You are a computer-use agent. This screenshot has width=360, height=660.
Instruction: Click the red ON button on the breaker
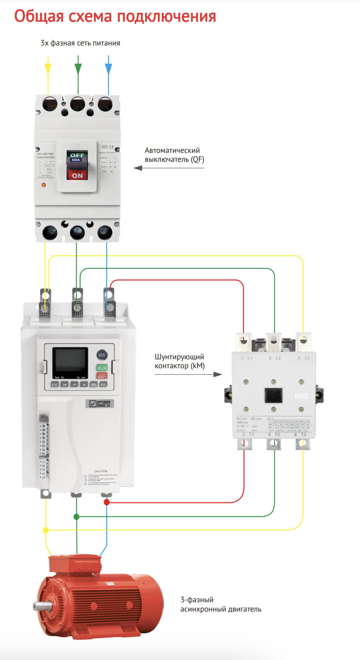(x=77, y=175)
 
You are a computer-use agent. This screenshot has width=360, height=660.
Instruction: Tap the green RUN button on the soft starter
(x=102, y=368)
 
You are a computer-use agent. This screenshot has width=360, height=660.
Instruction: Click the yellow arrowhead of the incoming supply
(x=48, y=68)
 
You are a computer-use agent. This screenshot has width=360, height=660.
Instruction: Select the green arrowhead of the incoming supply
(x=78, y=68)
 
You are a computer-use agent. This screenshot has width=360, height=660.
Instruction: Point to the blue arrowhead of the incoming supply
(x=108, y=68)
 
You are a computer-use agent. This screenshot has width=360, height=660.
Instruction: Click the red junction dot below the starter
(x=107, y=502)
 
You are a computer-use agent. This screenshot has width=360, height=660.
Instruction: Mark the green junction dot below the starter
(x=76, y=516)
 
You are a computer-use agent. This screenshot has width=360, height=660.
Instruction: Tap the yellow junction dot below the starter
(x=46, y=530)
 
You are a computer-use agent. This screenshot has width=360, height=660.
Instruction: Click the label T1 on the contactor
(x=251, y=434)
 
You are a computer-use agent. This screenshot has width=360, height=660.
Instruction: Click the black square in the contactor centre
(x=273, y=395)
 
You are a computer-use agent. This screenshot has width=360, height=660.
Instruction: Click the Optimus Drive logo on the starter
(x=100, y=403)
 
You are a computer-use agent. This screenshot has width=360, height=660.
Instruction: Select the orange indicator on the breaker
(x=43, y=185)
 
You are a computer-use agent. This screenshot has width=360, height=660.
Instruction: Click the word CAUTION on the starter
(x=101, y=471)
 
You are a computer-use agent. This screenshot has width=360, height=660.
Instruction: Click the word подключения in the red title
(x=166, y=17)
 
